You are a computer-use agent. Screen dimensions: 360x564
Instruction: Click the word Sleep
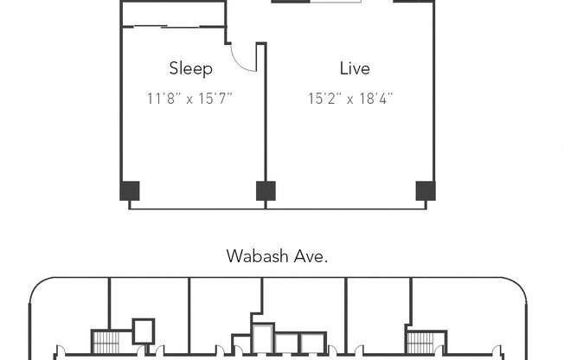pyautogui.click(x=190, y=69)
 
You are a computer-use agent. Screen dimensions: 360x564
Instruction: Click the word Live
pyautogui.click(x=354, y=68)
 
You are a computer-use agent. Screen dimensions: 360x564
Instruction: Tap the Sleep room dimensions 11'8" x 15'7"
pyautogui.click(x=190, y=99)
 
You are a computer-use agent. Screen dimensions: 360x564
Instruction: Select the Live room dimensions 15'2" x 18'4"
pyautogui.click(x=349, y=99)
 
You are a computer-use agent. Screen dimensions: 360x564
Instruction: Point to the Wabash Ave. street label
pyautogui.click(x=277, y=255)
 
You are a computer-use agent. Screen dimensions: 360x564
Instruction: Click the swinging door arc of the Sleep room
pyautogui.click(x=246, y=61)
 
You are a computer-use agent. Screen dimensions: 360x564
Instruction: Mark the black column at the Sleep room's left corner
pyautogui.click(x=129, y=190)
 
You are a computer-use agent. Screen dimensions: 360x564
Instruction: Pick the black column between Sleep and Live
pyautogui.click(x=266, y=190)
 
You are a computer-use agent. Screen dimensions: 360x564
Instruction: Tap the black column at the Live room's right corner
pyautogui.click(x=425, y=190)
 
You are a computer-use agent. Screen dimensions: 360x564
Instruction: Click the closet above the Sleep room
pyautogui.click(x=173, y=14)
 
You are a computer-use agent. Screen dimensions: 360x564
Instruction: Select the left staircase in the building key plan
pyautogui.click(x=105, y=342)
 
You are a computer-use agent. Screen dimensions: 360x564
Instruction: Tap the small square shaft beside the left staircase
pyautogui.click(x=143, y=331)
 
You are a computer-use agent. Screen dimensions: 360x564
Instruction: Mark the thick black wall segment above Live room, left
pyautogui.click(x=291, y=1)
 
